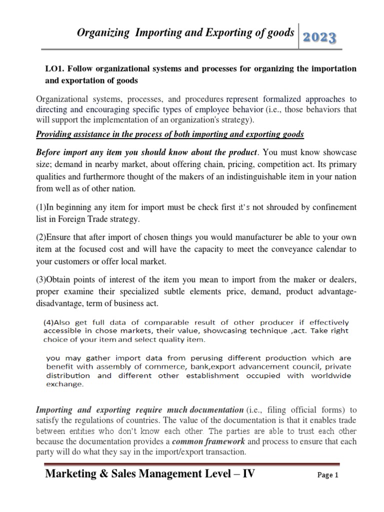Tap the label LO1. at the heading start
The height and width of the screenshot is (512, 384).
click(x=55, y=69)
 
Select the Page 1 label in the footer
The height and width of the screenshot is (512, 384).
click(x=328, y=476)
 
